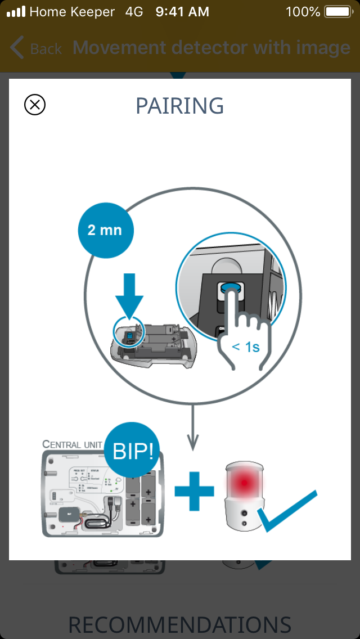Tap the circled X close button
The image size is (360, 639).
[35, 105]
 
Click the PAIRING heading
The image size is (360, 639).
[180, 106]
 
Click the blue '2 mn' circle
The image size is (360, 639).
[105, 230]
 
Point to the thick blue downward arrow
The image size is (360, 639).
[130, 296]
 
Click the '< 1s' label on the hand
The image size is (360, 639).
[246, 346]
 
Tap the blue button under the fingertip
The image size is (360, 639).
[229, 288]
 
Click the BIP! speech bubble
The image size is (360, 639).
[133, 451]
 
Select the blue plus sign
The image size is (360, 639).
[195, 490]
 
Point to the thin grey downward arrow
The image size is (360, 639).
[193, 427]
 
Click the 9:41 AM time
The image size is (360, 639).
[182, 11]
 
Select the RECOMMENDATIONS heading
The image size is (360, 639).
[180, 624]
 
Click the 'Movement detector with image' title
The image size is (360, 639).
[211, 48]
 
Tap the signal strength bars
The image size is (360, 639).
[16, 11]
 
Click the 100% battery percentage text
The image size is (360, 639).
[303, 11]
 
